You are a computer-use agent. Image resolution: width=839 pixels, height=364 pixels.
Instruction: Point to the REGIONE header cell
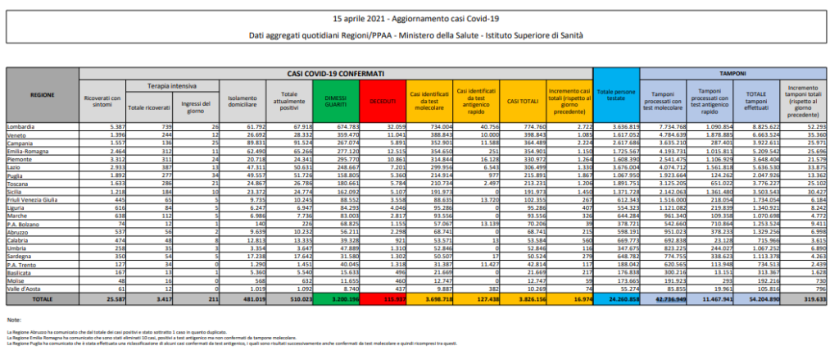coord(43,95)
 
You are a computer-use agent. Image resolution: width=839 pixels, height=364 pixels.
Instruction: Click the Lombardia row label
coord(23,127)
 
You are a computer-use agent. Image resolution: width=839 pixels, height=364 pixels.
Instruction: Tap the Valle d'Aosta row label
coord(26,289)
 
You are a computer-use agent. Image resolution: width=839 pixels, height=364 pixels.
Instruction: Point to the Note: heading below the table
coord(13,318)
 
